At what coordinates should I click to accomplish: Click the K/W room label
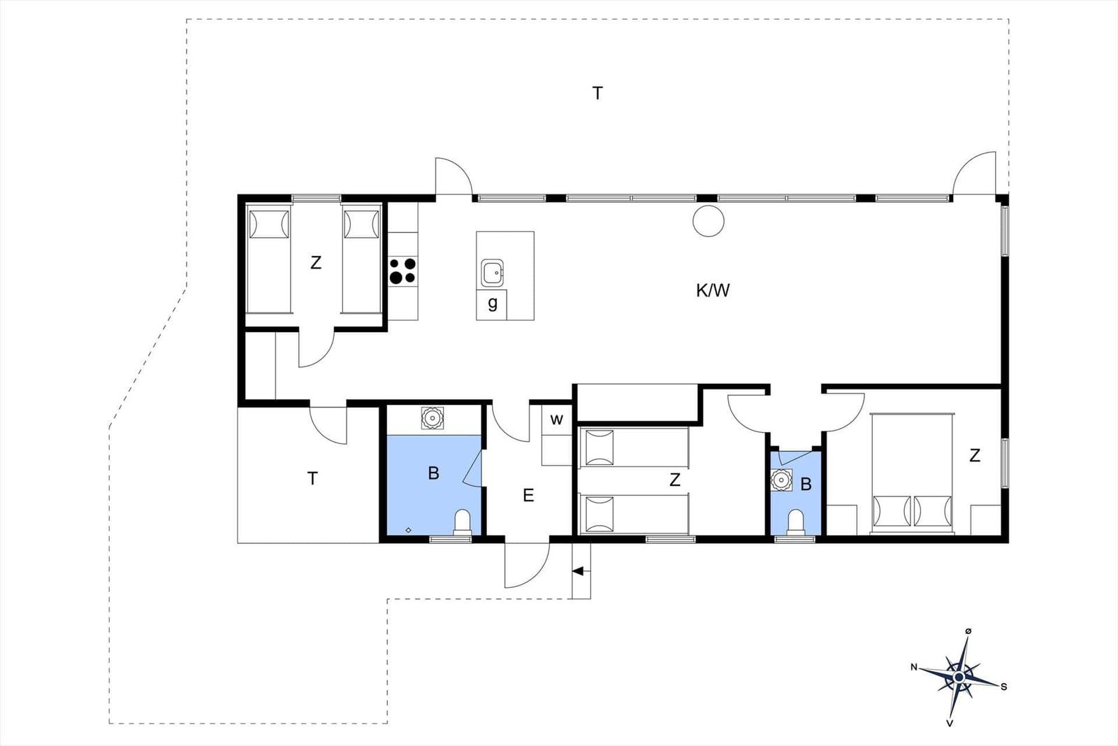(x=713, y=290)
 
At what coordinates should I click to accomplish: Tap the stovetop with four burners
(x=402, y=271)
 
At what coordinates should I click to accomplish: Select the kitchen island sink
(x=492, y=273)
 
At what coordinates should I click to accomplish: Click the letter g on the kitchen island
(x=493, y=303)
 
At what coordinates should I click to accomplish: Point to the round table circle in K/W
(x=709, y=221)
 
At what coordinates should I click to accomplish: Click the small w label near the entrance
(x=556, y=419)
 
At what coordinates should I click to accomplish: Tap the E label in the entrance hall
(x=528, y=495)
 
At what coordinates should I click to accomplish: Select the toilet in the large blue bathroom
(x=462, y=522)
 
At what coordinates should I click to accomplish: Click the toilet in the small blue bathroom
(x=795, y=522)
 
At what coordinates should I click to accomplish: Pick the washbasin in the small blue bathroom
(x=781, y=480)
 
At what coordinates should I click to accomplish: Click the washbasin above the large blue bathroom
(x=433, y=418)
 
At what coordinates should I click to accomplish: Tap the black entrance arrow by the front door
(x=578, y=571)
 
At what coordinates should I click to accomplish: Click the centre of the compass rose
(x=958, y=677)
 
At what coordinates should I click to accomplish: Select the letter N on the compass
(x=914, y=667)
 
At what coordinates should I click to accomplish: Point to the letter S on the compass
(x=1003, y=687)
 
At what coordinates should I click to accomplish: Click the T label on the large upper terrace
(x=597, y=94)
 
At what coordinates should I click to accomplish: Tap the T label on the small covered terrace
(x=312, y=478)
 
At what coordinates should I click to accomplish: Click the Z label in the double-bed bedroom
(x=975, y=455)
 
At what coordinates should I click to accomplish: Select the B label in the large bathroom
(x=433, y=473)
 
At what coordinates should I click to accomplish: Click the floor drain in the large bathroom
(x=408, y=530)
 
